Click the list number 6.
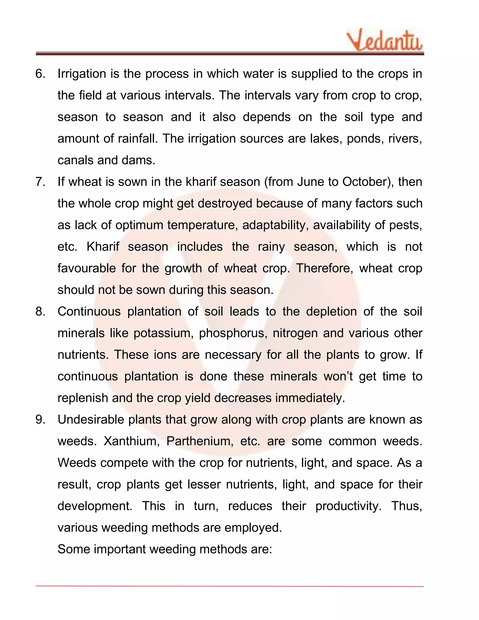(40, 74)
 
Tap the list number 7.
(40, 182)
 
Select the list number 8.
(40, 312)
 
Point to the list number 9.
(40, 419)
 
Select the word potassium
(163, 333)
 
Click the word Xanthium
(131, 441)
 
